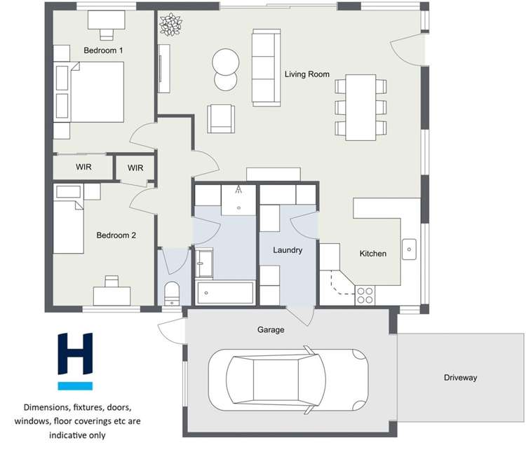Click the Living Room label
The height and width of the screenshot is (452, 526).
[x=306, y=74]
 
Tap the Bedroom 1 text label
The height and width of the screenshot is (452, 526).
[x=103, y=50]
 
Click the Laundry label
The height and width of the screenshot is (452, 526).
[x=288, y=249]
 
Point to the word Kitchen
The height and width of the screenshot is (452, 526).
[x=372, y=253]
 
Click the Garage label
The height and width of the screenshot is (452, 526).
[x=271, y=329]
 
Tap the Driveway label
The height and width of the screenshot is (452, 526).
[x=460, y=378]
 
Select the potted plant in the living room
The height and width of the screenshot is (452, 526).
[x=170, y=25]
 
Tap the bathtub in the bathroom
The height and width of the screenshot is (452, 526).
[x=225, y=293]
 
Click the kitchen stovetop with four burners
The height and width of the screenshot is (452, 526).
[x=365, y=295]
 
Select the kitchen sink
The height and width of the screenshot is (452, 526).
[x=409, y=249]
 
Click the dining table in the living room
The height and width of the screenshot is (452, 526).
[x=360, y=107]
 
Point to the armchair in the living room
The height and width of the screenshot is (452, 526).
[x=221, y=118]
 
